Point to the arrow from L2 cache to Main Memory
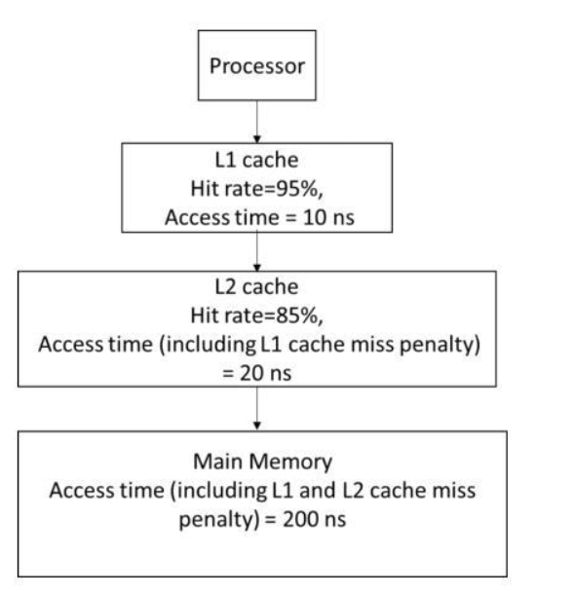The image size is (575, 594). (254, 403)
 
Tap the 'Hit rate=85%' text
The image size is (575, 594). (254, 316)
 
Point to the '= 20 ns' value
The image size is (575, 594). (254, 366)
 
